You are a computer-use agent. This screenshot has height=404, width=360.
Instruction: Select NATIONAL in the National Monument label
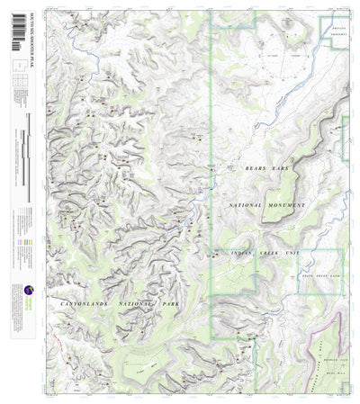tap(247, 205)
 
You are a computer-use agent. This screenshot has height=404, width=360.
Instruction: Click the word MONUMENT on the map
tap(287, 205)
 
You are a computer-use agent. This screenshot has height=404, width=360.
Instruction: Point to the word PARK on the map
tap(167, 306)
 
